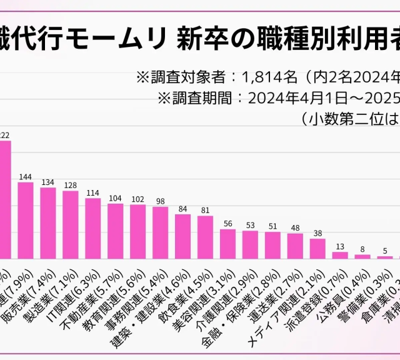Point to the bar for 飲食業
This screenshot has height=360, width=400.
pyautogui.click(x=183, y=236)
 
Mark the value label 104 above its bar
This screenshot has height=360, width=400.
pyautogui.click(x=115, y=198)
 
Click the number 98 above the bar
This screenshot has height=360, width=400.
pyautogui.click(x=160, y=201)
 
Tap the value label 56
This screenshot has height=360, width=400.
pyautogui.click(x=227, y=224)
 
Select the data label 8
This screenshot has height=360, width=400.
pyautogui.click(x=362, y=249)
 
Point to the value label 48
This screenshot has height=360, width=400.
pyautogui.click(x=295, y=228)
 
